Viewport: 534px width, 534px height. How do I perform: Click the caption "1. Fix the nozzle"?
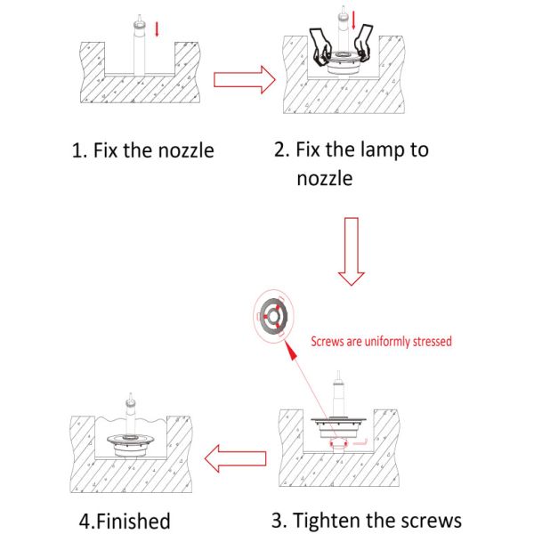tap(143, 150)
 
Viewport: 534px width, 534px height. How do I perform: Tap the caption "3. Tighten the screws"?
tap(367, 520)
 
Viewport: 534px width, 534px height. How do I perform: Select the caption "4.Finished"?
tap(125, 521)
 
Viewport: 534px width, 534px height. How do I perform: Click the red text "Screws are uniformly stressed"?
tap(382, 341)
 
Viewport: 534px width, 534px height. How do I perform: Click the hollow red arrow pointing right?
tap(245, 80)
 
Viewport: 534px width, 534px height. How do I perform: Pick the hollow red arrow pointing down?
tap(352, 251)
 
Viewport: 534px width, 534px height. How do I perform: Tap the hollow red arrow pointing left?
tap(235, 458)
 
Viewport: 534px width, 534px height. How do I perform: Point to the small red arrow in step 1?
tap(157, 29)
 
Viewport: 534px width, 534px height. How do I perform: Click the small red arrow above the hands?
tap(353, 20)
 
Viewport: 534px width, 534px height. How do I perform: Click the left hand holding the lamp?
tap(321, 47)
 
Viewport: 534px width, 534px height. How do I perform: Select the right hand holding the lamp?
tap(363, 43)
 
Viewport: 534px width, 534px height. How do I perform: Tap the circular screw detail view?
tap(273, 316)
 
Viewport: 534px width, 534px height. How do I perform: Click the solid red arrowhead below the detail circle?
tap(290, 351)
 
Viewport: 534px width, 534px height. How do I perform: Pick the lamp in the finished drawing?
tap(130, 446)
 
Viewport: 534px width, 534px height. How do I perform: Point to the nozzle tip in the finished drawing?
tap(130, 396)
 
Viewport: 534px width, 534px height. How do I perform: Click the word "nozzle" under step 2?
tap(325, 179)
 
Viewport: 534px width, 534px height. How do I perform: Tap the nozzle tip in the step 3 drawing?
tap(338, 375)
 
